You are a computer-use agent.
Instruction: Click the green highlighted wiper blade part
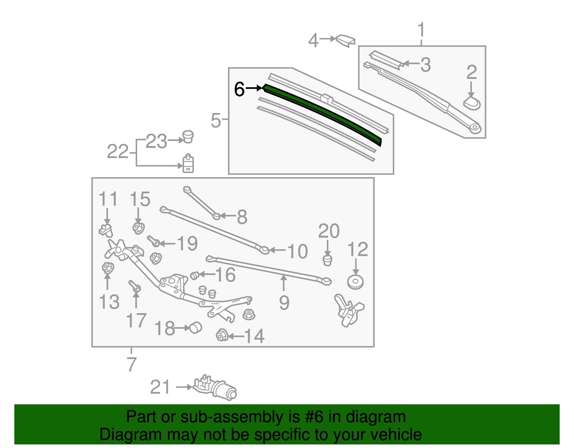pos(323,111)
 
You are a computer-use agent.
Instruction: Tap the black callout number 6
pos(239,89)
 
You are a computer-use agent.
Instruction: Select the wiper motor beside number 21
pos(215,388)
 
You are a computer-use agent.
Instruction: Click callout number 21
pos(160,387)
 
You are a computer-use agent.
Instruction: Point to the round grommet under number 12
pos(356,282)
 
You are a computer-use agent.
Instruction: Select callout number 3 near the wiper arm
pos(425,65)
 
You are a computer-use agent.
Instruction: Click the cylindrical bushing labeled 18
pos(196,327)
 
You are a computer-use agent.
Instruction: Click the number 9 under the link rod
pos(284,303)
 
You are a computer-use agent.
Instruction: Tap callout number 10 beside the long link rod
pos(297,251)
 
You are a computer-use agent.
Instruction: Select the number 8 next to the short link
pos(242,217)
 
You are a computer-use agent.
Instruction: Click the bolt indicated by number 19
pos(153,241)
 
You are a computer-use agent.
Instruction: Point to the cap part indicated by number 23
pos(188,137)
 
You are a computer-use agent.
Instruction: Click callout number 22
pos(117,152)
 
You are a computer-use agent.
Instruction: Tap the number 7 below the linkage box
pos(132,364)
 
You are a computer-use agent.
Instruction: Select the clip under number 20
pos(327,260)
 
